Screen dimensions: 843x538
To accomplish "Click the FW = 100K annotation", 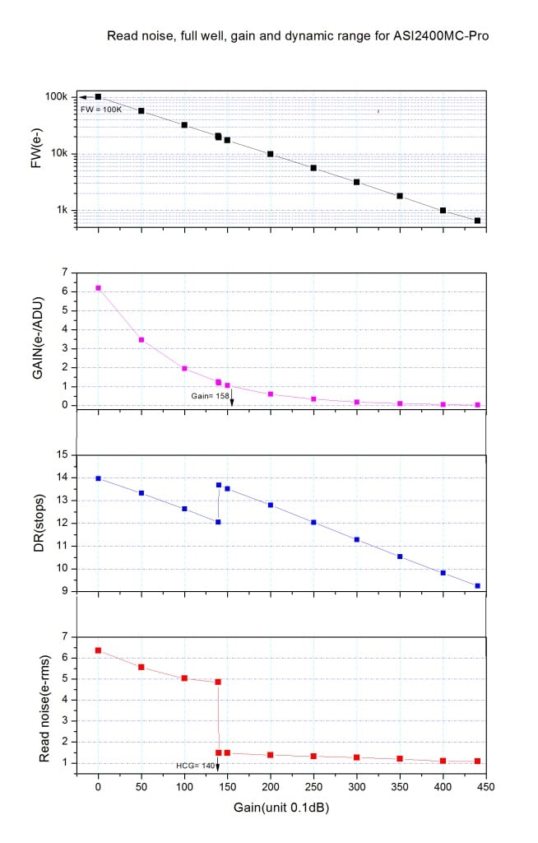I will tap(100, 109).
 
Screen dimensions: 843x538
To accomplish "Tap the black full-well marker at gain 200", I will tap(271, 154).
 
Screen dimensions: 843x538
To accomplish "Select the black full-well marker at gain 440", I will tap(477, 221).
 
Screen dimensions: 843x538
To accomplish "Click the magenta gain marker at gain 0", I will tap(99, 288).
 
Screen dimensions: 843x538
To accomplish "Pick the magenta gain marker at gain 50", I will tap(141, 340).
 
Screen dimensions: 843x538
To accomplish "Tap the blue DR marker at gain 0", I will tap(99, 478).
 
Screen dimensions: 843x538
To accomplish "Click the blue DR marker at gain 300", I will tap(356, 539).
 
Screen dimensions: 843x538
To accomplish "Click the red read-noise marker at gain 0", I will tap(99, 650).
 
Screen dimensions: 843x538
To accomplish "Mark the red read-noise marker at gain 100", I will tap(184, 678).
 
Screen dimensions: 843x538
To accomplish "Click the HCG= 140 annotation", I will tap(196, 766).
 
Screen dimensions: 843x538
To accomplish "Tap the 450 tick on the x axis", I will tap(485, 785).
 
